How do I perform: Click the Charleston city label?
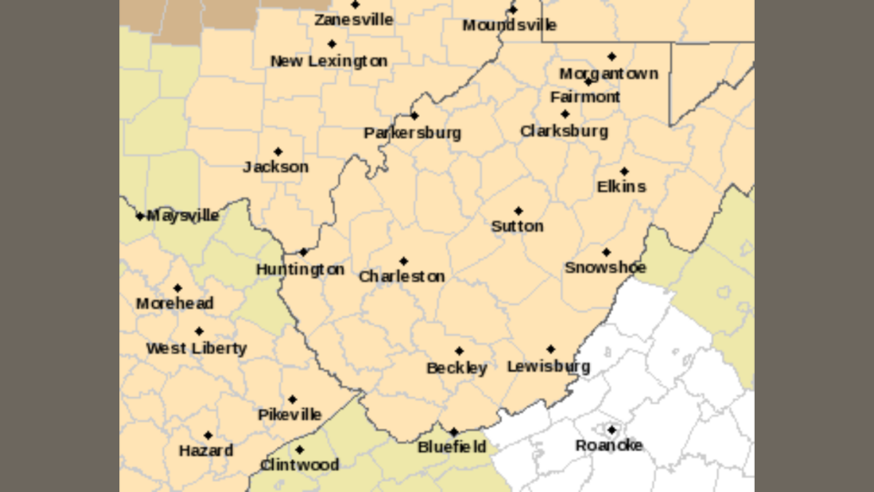401,276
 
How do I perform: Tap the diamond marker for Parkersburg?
414,116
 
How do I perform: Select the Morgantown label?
608,74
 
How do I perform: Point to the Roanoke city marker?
612,429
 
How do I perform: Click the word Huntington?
300,270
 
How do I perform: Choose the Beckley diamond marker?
459,351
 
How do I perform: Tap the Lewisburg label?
548,367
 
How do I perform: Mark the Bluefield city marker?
453,432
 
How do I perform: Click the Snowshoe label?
605,268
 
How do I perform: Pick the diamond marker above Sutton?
518,210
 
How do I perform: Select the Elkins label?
622,187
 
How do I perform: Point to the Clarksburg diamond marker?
564,114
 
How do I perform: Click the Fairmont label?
585,97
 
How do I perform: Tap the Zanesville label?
353,20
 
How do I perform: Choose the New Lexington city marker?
331,44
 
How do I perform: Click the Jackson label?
276,168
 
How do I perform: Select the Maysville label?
183,216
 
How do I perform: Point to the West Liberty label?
196,348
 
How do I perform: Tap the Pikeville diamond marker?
292,399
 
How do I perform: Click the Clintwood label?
300,466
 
